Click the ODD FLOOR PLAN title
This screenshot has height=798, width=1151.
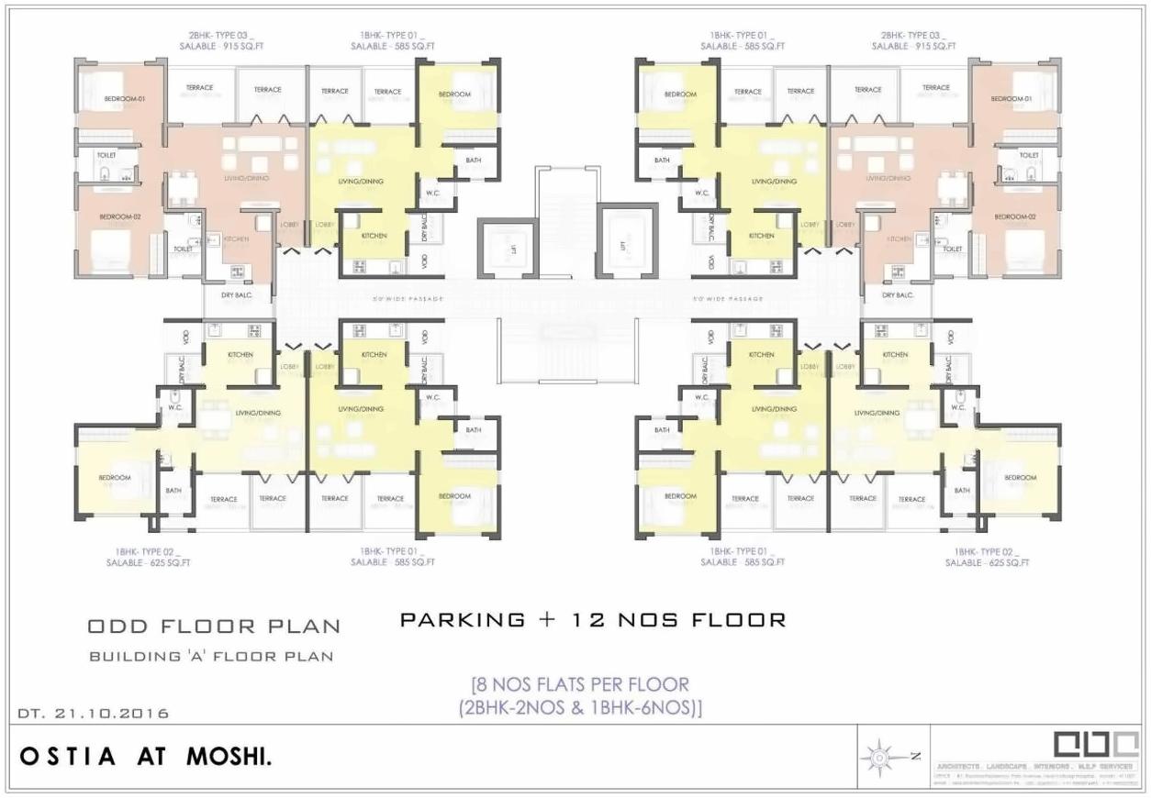214,627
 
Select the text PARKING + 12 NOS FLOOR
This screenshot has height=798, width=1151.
593,620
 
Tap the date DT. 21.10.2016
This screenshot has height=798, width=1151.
94,713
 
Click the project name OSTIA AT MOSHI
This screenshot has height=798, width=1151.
145,758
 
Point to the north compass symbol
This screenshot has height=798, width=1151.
880,758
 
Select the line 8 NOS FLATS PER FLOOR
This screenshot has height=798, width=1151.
579,684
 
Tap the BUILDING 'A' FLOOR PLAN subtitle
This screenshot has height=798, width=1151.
211,657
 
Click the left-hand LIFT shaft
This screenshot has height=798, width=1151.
504,247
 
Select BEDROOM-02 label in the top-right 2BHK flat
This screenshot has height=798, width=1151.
1014,216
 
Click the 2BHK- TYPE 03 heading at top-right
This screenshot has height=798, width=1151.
913,34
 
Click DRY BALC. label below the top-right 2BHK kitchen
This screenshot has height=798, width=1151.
898,295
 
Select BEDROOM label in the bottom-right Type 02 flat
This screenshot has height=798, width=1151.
1020,478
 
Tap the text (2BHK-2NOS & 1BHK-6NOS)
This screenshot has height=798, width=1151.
579,707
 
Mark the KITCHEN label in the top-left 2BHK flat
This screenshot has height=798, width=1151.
235,239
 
